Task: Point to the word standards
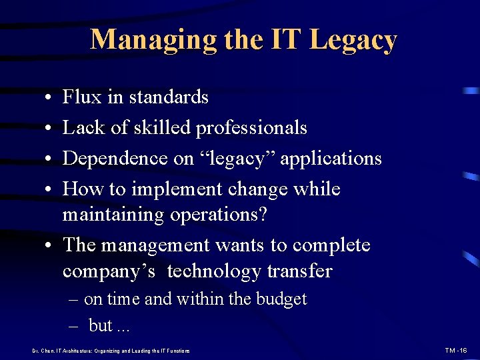pos(169,97)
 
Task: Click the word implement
pos(174,189)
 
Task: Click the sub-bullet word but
pos(101,325)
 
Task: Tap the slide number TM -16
pos(457,350)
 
